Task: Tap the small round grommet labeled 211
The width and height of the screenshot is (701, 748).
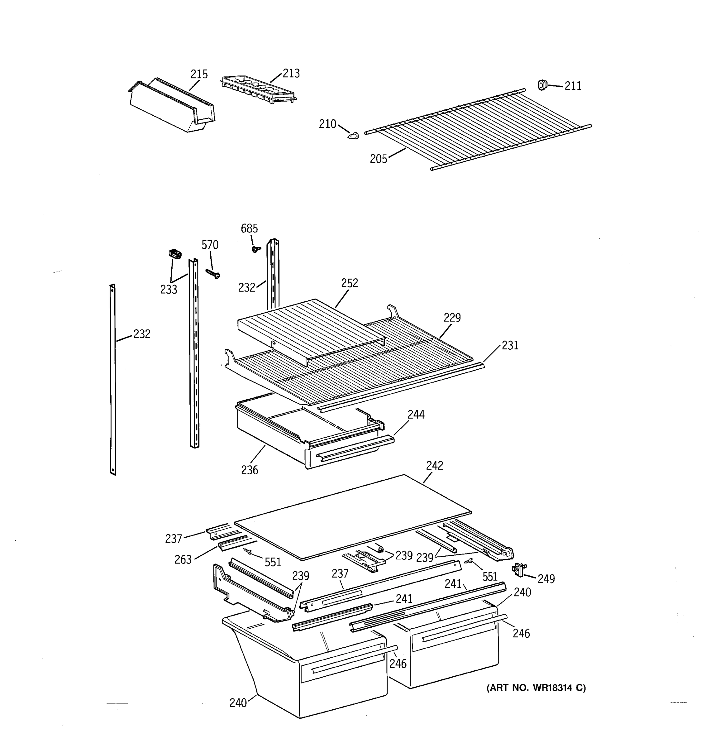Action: [x=541, y=85]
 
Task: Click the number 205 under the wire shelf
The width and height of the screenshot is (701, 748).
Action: [x=378, y=159]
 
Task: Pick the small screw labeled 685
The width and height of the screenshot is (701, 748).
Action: [x=256, y=249]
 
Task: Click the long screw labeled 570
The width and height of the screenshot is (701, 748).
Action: [x=213, y=274]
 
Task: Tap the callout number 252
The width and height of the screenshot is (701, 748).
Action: [x=349, y=283]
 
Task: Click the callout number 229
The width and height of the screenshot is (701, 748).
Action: [x=452, y=318]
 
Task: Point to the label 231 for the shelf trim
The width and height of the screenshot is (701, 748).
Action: [x=510, y=345]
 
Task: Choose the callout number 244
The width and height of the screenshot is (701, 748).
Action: [x=416, y=415]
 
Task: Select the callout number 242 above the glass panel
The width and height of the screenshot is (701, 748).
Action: [x=434, y=466]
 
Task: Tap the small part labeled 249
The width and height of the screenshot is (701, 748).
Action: [x=519, y=569]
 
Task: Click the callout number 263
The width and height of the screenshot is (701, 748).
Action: [x=183, y=560]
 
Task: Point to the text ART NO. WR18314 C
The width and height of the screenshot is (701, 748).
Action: [x=536, y=688]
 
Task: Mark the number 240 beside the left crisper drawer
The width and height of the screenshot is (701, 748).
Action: [x=238, y=702]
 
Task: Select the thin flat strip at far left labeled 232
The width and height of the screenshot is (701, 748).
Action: [x=113, y=380]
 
